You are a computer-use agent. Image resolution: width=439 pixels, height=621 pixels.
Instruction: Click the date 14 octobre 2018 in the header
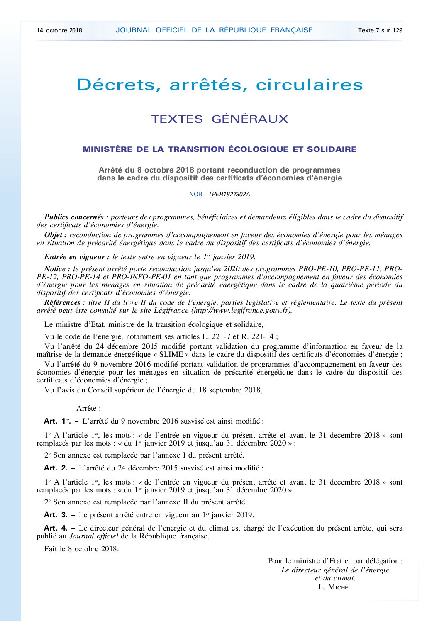pyautogui.click(x=59, y=30)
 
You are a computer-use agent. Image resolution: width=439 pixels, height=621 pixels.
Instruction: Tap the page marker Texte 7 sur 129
pyautogui.click(x=380, y=30)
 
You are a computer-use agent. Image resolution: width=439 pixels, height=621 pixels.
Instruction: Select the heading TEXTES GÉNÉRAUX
pyautogui.click(x=219, y=119)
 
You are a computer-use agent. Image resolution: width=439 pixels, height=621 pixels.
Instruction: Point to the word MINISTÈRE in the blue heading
pyautogui.click(x=107, y=149)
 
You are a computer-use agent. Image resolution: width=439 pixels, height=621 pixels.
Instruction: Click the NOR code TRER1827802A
pyautogui.click(x=229, y=194)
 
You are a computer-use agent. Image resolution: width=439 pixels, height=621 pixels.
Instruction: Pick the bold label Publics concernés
pyautogui.click(x=76, y=217)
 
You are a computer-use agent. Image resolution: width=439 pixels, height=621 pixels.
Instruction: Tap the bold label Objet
pyautogui.click(x=56, y=235)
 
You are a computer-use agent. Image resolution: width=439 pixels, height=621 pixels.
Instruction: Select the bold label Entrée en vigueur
pyautogui.click(x=77, y=257)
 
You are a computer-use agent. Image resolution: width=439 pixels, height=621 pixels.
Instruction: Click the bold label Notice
pyautogui.click(x=57, y=269)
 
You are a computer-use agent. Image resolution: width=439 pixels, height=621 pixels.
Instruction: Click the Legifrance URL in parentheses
pyautogui.click(x=241, y=310)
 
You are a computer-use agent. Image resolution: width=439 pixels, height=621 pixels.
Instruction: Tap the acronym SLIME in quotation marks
pyautogui.click(x=171, y=354)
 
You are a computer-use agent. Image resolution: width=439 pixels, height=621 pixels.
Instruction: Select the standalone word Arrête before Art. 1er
pyautogui.click(x=88, y=408)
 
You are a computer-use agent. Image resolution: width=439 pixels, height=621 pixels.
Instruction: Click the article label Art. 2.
pyautogui.click(x=56, y=468)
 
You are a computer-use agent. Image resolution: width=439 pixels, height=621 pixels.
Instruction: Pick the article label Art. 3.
pyautogui.click(x=56, y=515)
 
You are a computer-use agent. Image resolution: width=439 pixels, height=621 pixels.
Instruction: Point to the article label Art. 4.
pyautogui.click(x=56, y=528)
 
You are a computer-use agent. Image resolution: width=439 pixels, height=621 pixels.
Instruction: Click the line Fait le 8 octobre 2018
pyautogui.click(x=81, y=549)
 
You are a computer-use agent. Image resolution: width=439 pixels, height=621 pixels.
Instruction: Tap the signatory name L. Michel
pyautogui.click(x=335, y=587)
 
